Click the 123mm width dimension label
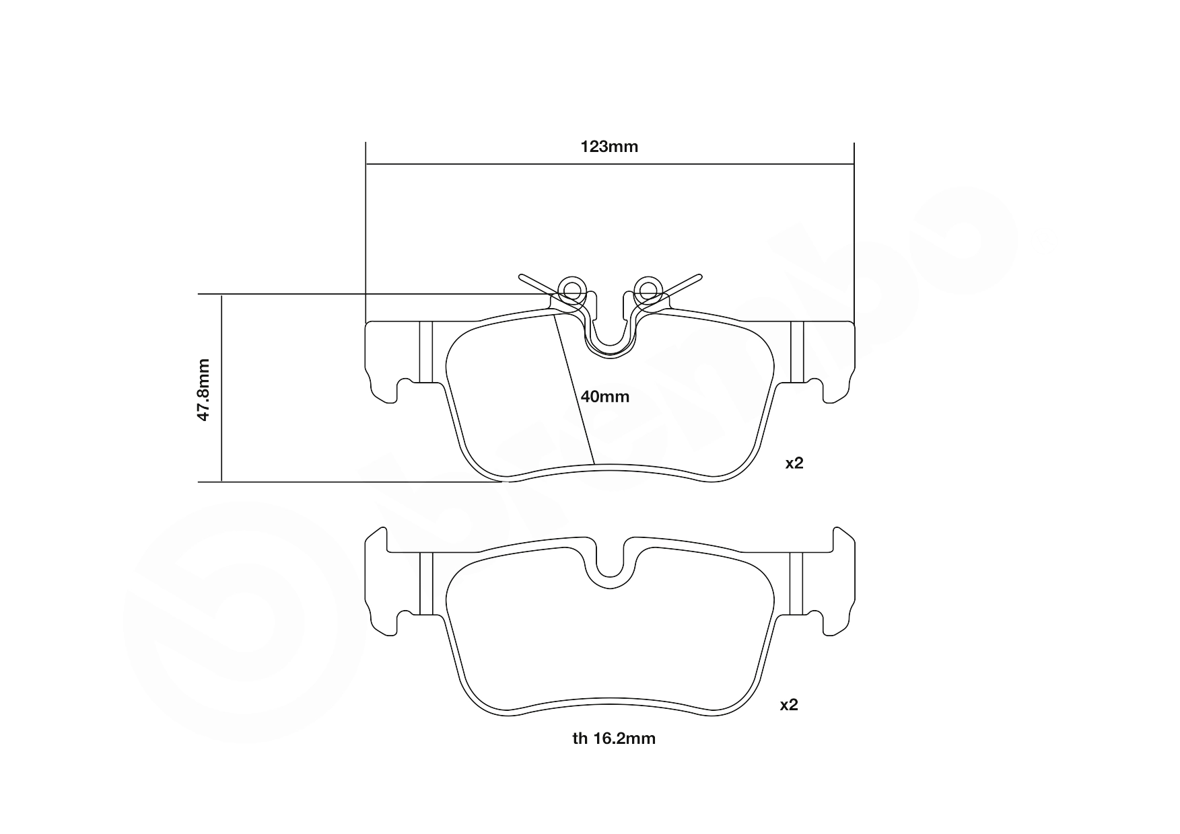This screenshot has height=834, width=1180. [x=609, y=147]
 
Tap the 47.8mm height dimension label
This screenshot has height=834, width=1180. [x=203, y=390]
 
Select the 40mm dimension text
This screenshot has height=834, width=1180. [x=605, y=397]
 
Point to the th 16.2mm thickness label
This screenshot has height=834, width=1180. [x=614, y=738]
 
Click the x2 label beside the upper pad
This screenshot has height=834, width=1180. [x=794, y=463]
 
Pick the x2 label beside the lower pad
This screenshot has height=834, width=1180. [x=788, y=705]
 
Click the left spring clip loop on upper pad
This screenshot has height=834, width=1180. [x=572, y=290]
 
